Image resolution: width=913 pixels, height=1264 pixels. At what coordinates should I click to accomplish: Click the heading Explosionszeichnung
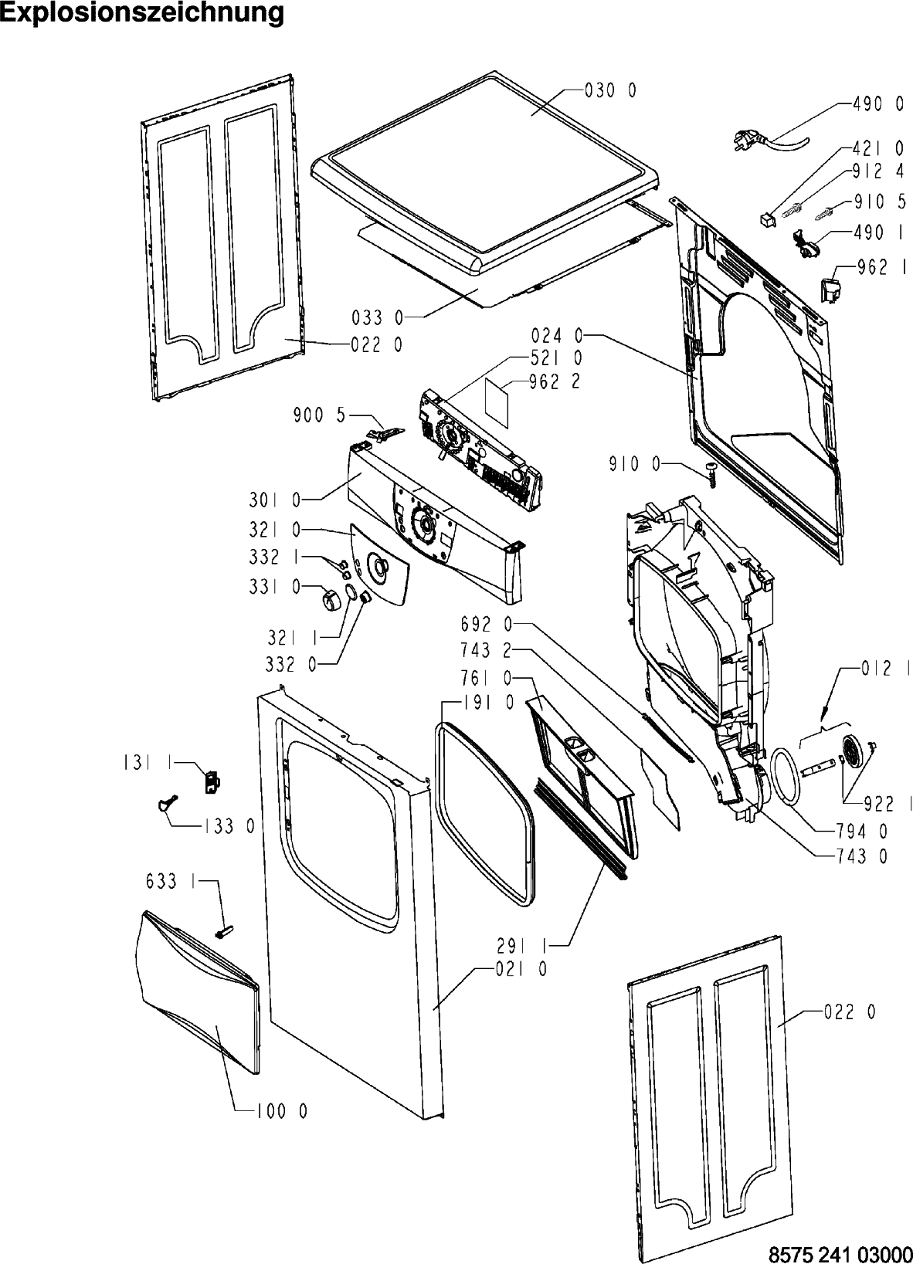tap(142, 14)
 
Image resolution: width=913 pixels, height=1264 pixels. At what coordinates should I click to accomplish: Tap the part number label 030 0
tap(610, 91)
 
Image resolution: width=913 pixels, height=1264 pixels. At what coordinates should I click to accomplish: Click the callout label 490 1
tap(879, 231)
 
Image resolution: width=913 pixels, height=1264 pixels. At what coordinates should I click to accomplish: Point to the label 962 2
tap(555, 381)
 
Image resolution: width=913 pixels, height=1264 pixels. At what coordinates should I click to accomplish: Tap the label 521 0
tap(556, 358)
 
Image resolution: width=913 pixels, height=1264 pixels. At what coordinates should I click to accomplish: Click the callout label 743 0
tap(861, 856)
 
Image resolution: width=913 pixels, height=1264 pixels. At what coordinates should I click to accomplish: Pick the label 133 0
tap(229, 827)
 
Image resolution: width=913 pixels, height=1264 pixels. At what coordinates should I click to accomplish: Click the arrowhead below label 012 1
tap(824, 713)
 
